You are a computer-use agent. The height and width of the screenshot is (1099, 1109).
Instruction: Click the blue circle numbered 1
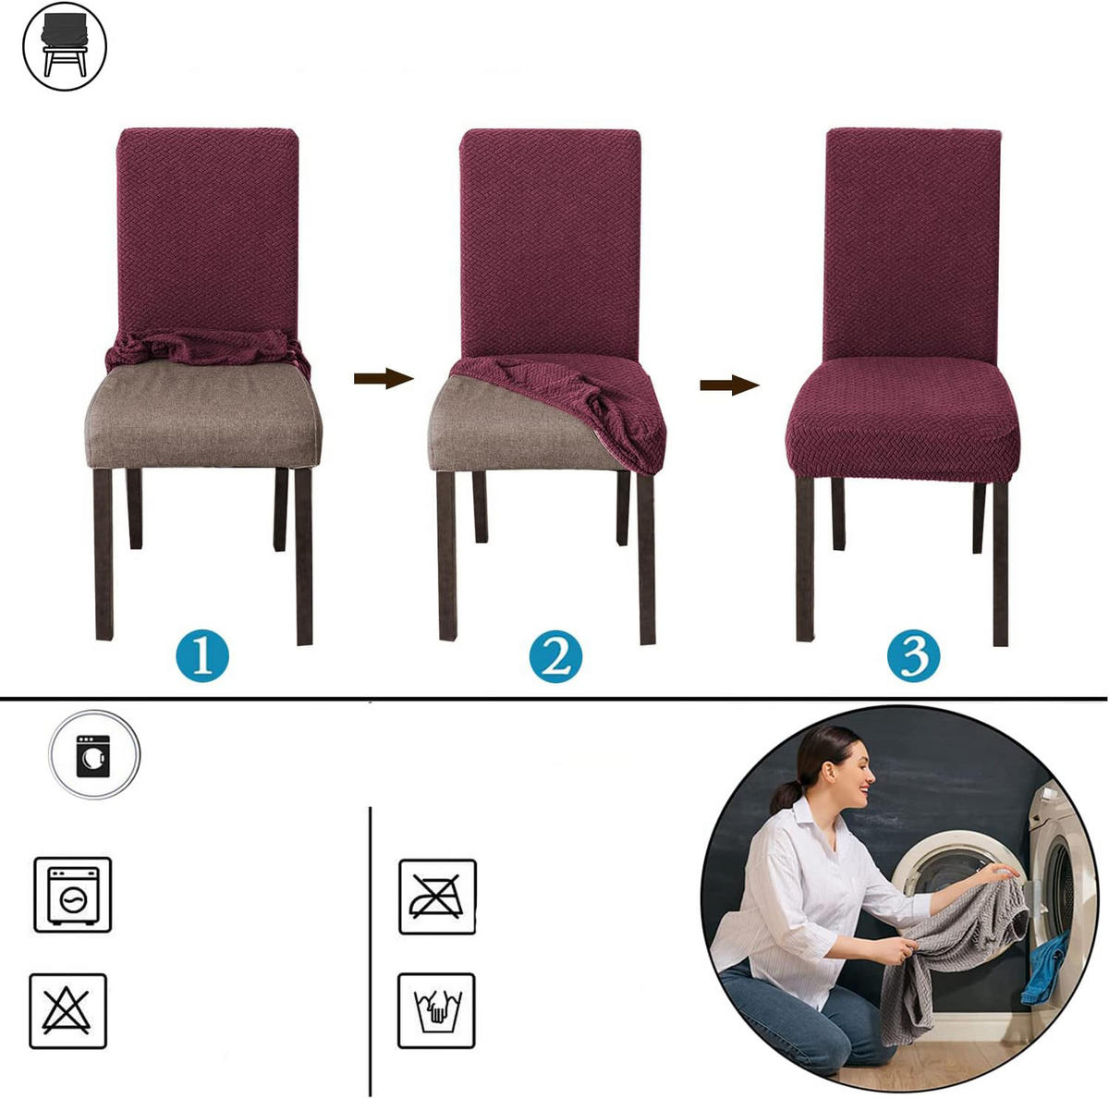(202, 656)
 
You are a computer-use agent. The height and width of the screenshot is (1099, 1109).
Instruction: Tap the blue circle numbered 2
(554, 656)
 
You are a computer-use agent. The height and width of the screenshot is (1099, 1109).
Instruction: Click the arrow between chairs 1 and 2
(384, 378)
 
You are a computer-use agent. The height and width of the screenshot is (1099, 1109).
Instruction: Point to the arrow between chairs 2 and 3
(729, 385)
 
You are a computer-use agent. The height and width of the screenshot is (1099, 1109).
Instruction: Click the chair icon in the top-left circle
(65, 46)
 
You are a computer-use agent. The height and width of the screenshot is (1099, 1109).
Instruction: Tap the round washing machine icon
(94, 755)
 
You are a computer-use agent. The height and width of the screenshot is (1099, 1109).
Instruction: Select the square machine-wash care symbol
(72, 895)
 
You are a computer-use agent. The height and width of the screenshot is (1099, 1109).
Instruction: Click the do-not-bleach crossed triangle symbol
(67, 1011)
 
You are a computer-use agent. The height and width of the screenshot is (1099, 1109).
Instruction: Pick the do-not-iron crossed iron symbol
(437, 897)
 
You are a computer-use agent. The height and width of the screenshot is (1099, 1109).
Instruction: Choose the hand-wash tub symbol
(437, 1011)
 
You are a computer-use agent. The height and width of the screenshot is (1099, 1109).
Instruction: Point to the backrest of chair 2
(550, 243)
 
